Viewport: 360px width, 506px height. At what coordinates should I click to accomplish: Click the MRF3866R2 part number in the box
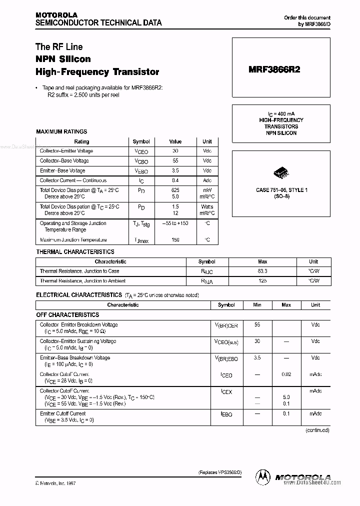[x=274, y=70]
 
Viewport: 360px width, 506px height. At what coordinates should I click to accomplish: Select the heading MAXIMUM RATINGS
[x=61, y=131]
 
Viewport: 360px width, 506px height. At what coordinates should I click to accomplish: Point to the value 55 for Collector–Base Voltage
[x=175, y=161]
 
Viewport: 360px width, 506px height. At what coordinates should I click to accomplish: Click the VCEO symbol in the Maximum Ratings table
[x=141, y=151]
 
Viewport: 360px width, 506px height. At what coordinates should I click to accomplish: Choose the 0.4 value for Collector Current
[x=175, y=180]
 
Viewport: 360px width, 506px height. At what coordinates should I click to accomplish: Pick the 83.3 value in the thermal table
[x=262, y=271]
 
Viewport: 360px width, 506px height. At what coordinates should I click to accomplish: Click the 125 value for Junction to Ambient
[x=262, y=281]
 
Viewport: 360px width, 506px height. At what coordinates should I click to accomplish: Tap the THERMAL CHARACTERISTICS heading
[x=75, y=251]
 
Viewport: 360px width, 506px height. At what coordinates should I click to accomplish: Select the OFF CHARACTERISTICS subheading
[x=67, y=315]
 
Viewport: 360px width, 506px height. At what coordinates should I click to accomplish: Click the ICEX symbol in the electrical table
[x=226, y=392]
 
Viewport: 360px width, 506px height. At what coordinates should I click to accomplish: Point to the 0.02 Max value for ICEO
[x=286, y=374]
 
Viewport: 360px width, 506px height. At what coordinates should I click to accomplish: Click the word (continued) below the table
[x=317, y=430]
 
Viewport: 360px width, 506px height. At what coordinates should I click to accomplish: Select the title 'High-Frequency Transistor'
[x=97, y=72]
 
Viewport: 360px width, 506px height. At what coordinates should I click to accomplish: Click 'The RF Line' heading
[x=59, y=47]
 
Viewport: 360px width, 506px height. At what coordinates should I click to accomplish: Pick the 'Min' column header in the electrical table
[x=257, y=305]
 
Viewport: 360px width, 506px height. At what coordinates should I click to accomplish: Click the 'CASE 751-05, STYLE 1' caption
[x=281, y=190]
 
